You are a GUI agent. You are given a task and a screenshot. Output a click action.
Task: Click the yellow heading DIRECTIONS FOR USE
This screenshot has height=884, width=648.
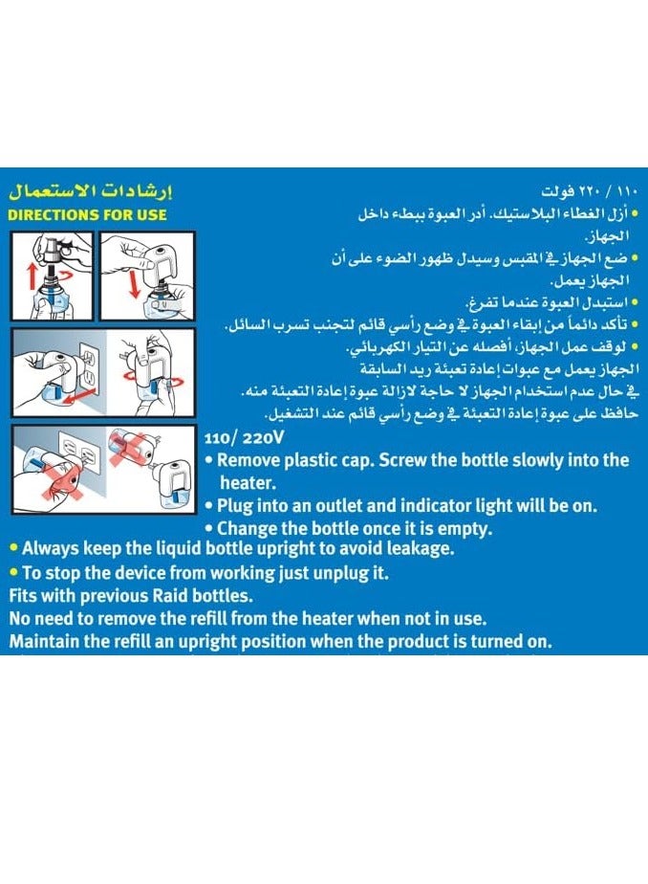coord(87,214)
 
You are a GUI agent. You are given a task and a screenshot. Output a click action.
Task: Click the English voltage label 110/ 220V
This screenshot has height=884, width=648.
coord(243,438)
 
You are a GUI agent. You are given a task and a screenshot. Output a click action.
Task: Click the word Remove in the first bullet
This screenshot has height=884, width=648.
coord(251,460)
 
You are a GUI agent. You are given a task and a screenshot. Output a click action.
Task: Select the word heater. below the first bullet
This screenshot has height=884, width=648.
coord(248,484)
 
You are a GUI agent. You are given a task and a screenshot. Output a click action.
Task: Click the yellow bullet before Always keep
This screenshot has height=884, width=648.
coord(13,548)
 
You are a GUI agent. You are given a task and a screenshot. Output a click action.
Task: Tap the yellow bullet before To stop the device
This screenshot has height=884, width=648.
coord(13,572)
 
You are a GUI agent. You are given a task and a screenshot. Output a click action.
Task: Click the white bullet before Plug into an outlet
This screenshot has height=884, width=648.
coord(209,506)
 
